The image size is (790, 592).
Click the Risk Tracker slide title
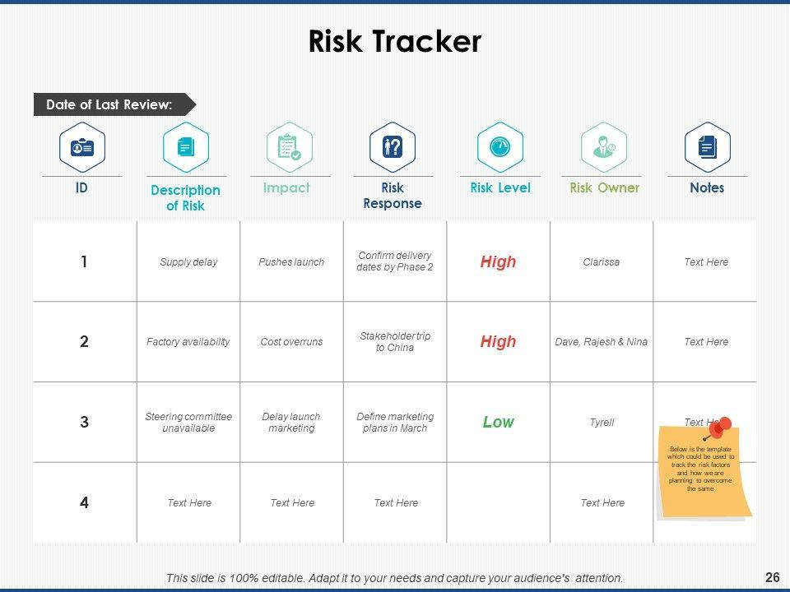click(x=394, y=41)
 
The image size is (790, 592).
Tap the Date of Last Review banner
click(x=115, y=104)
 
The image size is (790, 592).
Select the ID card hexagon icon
click(x=82, y=147)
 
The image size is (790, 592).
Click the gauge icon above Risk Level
click(x=500, y=147)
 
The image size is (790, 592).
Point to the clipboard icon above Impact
click(x=290, y=147)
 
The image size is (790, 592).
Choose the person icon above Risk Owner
click(x=603, y=147)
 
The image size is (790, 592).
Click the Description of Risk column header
click(x=185, y=198)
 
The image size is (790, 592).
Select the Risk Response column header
click(x=393, y=196)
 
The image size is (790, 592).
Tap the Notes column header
click(x=707, y=187)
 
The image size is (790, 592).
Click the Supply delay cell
click(x=188, y=261)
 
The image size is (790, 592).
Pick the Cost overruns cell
click(x=291, y=342)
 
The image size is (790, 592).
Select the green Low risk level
click(x=499, y=422)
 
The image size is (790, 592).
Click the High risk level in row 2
click(x=499, y=342)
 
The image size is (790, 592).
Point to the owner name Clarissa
click(x=601, y=261)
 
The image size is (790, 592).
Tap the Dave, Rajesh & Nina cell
click(x=601, y=342)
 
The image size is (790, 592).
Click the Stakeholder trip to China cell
click(x=395, y=342)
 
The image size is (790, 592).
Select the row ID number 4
click(x=84, y=502)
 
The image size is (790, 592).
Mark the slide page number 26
click(x=772, y=577)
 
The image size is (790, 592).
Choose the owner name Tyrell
click(x=602, y=423)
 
